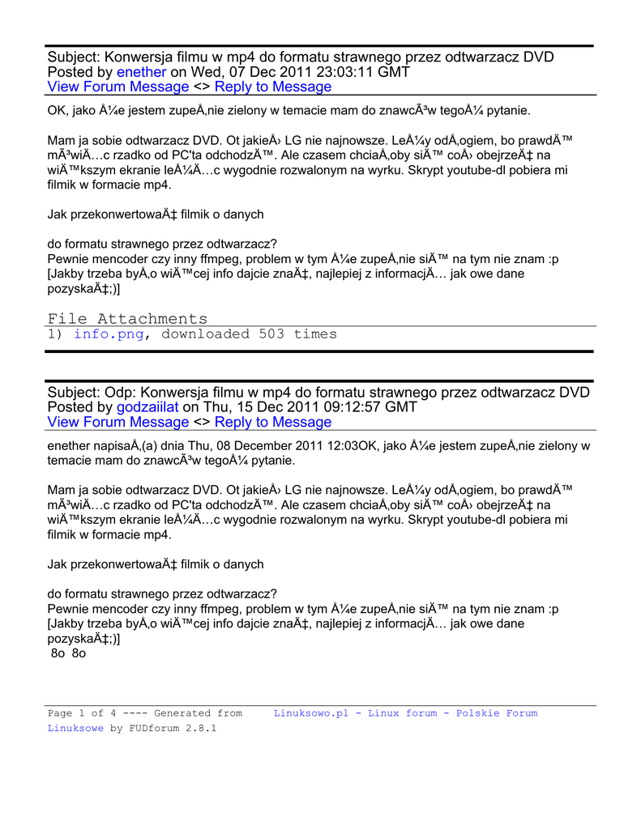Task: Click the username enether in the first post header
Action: [x=142, y=72]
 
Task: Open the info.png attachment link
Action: [x=109, y=334]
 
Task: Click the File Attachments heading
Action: [x=127, y=319]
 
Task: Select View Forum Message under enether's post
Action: [x=118, y=87]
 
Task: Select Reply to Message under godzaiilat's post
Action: [x=273, y=422]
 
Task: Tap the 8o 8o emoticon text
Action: [x=68, y=653]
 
